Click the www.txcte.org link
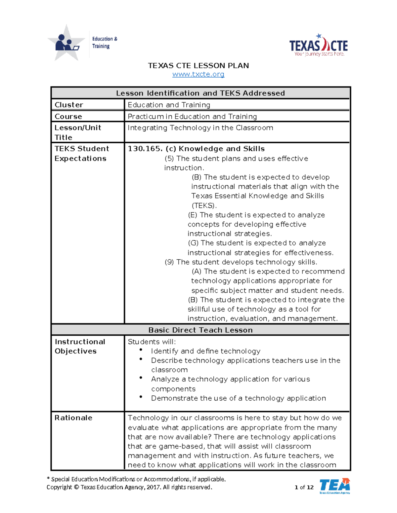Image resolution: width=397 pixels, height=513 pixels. pos(198,74)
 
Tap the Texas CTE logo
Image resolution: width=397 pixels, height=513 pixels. pos(318,46)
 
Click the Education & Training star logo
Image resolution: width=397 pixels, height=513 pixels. pos(66,43)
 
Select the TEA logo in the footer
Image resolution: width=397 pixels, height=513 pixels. pos(334,486)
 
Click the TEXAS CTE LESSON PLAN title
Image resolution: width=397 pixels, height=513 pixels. pos(198,65)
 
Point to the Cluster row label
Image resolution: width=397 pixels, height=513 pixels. pos(69,105)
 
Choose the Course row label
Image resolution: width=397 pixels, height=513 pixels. pos(68,116)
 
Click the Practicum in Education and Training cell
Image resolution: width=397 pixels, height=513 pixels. pos(192,116)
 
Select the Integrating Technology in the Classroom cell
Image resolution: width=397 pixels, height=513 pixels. pos(200,128)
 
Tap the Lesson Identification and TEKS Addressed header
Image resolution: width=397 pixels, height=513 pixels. pos(200,93)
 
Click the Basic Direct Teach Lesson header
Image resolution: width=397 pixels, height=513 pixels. pos(200,330)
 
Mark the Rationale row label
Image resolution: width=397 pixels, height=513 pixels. pos(73,418)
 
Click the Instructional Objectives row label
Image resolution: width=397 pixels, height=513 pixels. pos(80,346)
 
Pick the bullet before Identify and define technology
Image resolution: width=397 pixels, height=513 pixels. pos(141,350)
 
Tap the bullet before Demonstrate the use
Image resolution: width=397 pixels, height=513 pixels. pos(141,397)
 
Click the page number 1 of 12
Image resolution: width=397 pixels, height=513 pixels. pos(304,487)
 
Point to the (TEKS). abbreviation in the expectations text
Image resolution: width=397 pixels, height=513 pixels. pos(204,205)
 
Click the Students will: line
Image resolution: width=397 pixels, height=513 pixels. pos(152,342)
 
